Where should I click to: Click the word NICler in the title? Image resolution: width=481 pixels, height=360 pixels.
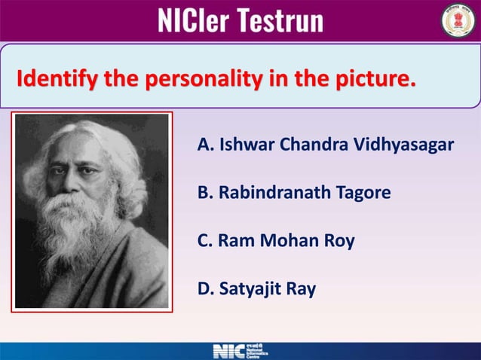(x=194, y=20)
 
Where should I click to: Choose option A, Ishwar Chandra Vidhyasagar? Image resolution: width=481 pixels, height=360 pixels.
(x=325, y=144)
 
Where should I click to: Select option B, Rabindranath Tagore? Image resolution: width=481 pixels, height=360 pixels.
(x=293, y=193)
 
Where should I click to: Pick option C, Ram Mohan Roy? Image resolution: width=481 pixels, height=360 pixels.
(x=275, y=241)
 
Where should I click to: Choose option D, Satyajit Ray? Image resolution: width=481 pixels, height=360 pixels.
(x=256, y=288)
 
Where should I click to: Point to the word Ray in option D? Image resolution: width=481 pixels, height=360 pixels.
(x=302, y=288)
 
